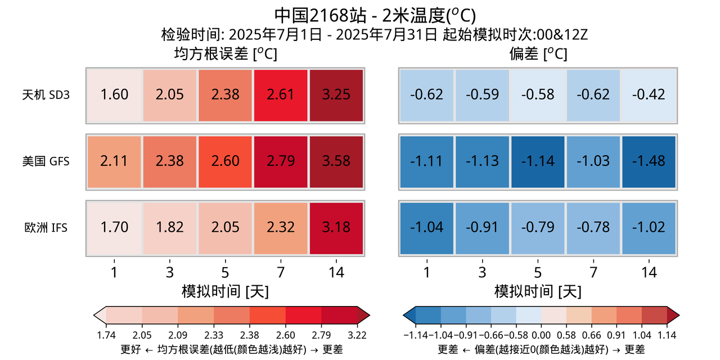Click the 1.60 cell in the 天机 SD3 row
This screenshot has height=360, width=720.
[x=114, y=95]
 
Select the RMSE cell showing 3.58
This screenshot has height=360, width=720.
[x=336, y=161]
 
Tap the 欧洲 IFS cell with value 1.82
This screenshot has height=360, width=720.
[x=169, y=227]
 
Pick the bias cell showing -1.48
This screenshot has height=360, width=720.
[x=649, y=161]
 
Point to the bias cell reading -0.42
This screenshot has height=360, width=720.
[x=649, y=95]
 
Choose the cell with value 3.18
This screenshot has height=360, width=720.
[x=336, y=227]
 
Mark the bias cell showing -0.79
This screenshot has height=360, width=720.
[x=538, y=227]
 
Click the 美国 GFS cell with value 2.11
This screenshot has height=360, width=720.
[x=114, y=161]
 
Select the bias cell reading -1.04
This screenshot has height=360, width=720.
[x=426, y=227]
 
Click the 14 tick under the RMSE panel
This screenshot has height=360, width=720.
[x=336, y=273]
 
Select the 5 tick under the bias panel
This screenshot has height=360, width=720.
[x=538, y=273]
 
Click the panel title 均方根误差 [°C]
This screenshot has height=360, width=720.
[x=226, y=54]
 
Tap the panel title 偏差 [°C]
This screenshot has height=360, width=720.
[x=538, y=54]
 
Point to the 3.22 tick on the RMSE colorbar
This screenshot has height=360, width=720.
[x=357, y=335]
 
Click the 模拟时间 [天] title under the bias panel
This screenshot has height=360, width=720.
[x=538, y=291]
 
